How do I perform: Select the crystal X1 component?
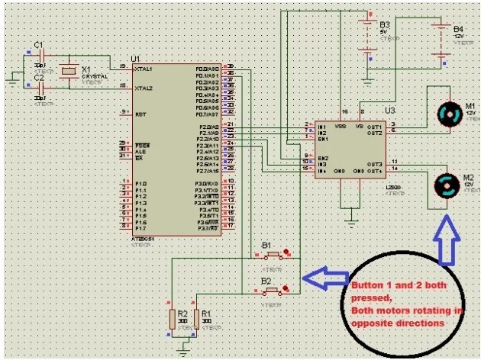(x=69, y=71)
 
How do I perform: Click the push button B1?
(x=273, y=256)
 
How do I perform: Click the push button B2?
(x=273, y=290)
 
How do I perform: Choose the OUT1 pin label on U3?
(x=373, y=126)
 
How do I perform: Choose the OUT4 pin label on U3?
(x=373, y=169)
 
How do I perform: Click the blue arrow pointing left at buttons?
(x=324, y=278)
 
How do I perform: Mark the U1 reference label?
(x=136, y=59)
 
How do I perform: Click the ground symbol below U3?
(x=350, y=221)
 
